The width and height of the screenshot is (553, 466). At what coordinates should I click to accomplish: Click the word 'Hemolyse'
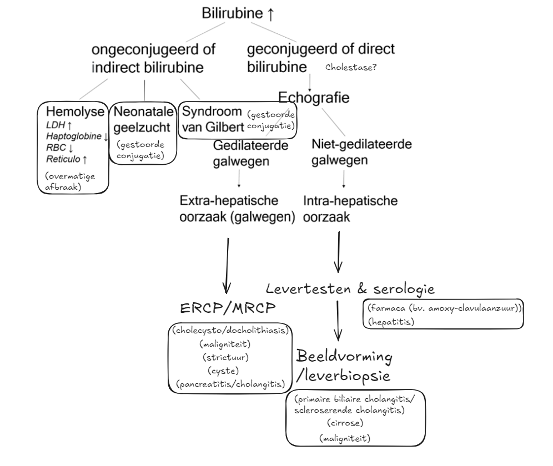pos(76,111)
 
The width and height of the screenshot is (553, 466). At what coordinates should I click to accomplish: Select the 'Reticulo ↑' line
pos(67,159)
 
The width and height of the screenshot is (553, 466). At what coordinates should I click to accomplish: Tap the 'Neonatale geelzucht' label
pos(142,119)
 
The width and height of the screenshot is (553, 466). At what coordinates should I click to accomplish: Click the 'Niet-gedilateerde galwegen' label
pos(361,153)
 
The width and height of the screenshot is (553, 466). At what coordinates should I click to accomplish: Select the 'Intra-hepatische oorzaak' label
pos(350,209)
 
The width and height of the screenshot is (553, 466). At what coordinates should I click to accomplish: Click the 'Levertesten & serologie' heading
pos(350,289)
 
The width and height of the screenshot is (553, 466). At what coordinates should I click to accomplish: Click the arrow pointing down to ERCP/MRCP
pos(227,266)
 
